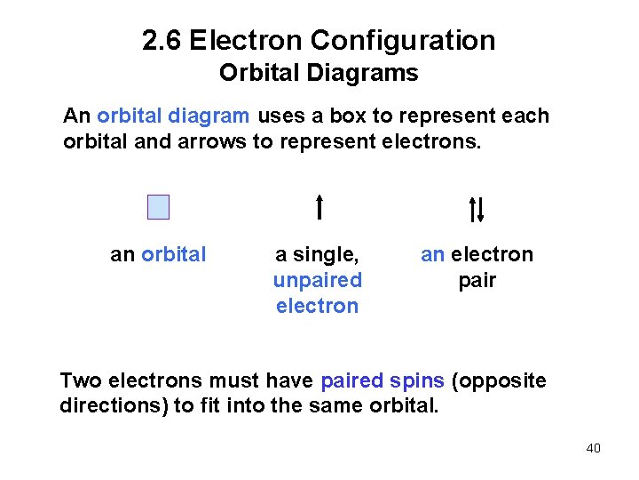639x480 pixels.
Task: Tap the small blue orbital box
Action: click(158, 207)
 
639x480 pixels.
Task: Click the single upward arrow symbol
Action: click(319, 206)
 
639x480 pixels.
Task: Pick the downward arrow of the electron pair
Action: click(480, 210)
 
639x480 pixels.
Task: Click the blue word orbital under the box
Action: click(173, 255)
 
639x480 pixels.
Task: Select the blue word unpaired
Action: click(317, 281)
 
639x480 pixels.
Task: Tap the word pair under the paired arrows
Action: click(477, 281)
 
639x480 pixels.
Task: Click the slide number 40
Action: click(594, 448)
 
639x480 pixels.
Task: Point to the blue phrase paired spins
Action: click(383, 381)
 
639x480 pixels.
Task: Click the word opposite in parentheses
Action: click(501, 381)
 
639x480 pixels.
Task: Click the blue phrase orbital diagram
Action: click(174, 116)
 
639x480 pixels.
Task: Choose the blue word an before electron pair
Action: click(432, 255)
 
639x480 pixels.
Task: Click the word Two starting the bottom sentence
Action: click(79, 381)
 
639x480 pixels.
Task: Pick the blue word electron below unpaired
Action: click(317, 307)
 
